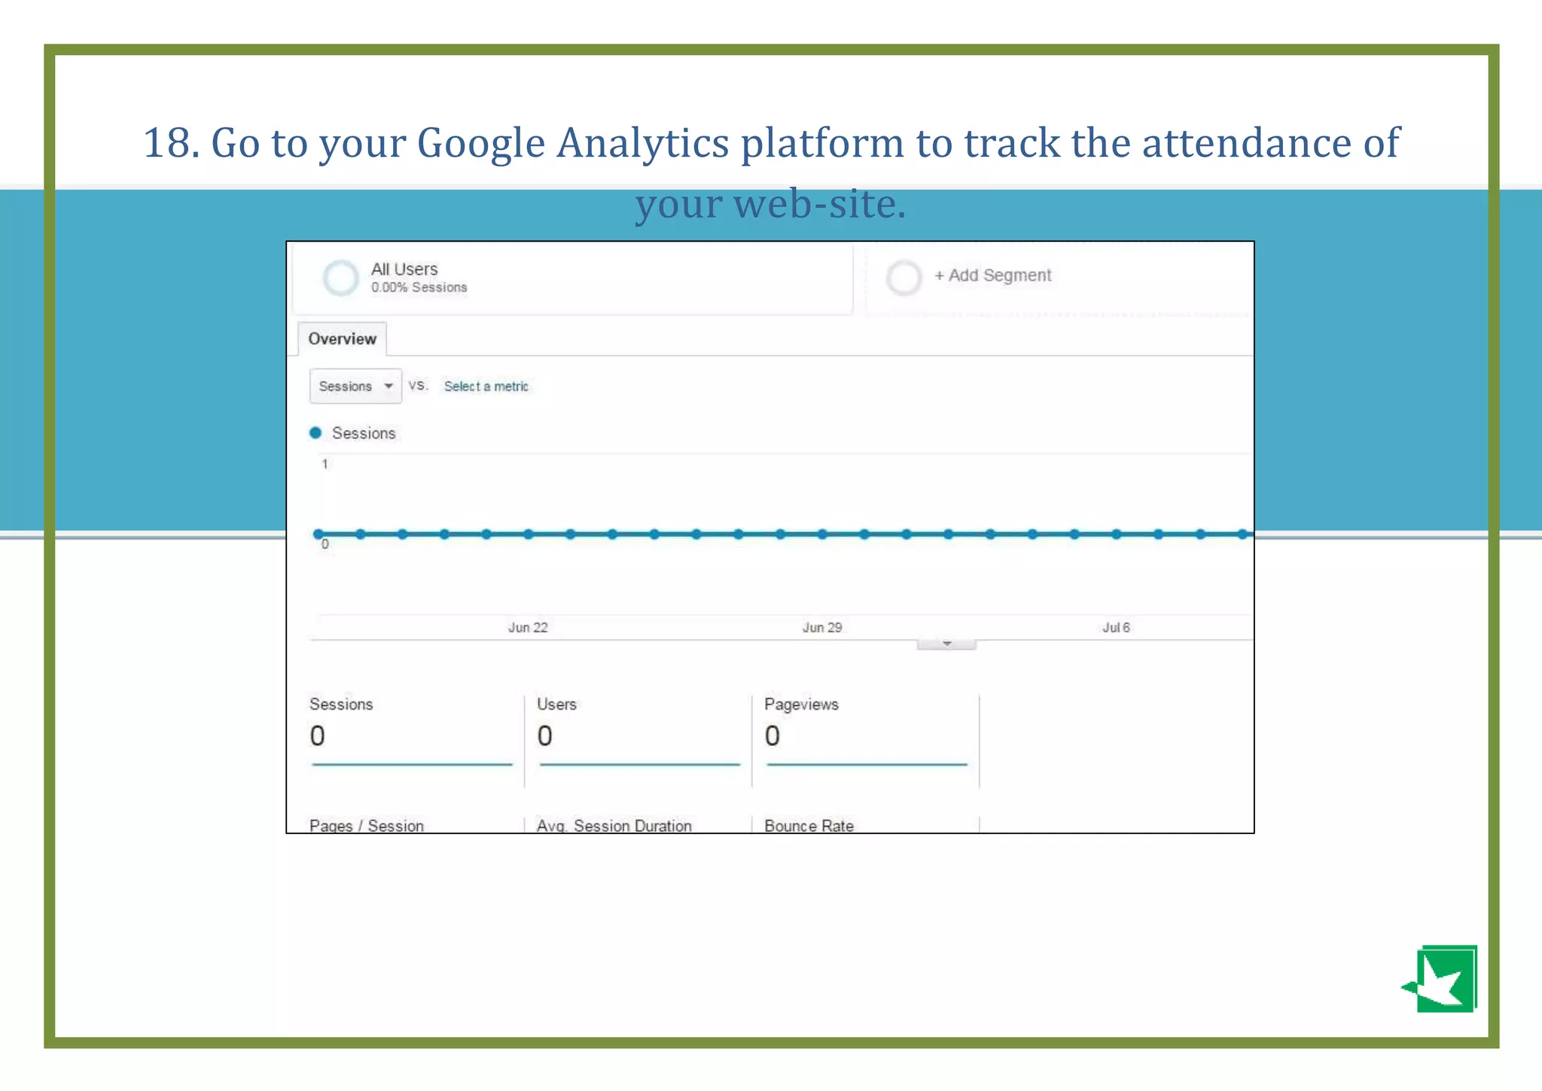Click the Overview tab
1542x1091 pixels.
point(342,339)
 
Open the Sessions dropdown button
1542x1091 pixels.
point(355,387)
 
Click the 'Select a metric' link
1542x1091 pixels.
point(486,387)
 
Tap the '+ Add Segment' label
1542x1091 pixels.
point(992,276)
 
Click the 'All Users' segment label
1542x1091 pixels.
point(404,269)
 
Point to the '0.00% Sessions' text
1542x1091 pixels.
point(419,288)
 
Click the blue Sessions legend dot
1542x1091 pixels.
point(315,432)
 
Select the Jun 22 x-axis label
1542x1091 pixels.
point(528,628)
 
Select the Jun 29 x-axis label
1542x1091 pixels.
point(822,628)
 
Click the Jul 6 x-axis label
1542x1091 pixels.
point(1116,628)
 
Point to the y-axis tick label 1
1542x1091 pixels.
point(325,464)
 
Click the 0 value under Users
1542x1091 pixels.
point(544,736)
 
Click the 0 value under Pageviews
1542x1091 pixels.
point(773,736)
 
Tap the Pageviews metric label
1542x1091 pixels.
point(801,704)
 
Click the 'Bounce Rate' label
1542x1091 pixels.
point(809,826)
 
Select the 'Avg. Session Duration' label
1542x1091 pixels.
point(614,826)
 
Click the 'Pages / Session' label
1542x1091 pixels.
point(367,826)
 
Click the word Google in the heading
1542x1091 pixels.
point(480,143)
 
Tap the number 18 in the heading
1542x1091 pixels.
point(166,143)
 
